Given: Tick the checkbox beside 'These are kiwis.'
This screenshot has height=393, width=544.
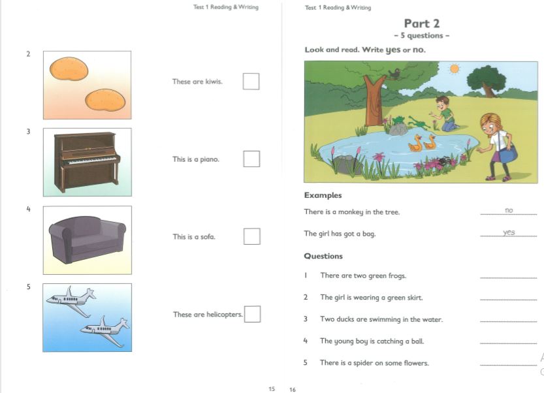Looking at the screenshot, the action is [251, 82].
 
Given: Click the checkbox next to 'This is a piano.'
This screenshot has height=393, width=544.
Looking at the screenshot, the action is [251, 159].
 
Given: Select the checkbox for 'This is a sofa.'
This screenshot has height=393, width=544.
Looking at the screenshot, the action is [252, 236].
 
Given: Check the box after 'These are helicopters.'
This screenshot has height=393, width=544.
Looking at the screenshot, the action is [252, 314].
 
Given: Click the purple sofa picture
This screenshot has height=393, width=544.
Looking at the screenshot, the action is [87, 240].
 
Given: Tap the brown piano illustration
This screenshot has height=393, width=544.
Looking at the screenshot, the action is [87, 162].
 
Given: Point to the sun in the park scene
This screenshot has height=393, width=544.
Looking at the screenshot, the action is [454, 69].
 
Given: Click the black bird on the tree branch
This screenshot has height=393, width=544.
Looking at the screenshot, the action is [394, 73].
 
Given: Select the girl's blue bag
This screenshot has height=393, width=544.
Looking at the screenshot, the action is [509, 153].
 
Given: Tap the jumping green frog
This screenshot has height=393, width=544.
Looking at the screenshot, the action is [417, 122].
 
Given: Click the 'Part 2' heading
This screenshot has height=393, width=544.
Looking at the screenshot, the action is [422, 24].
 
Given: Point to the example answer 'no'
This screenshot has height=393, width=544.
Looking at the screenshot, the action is [509, 210].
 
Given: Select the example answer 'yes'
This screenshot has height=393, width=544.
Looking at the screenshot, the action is [509, 232].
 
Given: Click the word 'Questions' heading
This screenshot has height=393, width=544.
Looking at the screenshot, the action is [323, 256].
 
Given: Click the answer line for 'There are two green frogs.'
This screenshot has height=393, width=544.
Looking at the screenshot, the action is [508, 278].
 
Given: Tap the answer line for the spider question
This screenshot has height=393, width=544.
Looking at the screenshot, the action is [508, 365].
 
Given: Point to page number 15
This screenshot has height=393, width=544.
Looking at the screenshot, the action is [272, 389].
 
